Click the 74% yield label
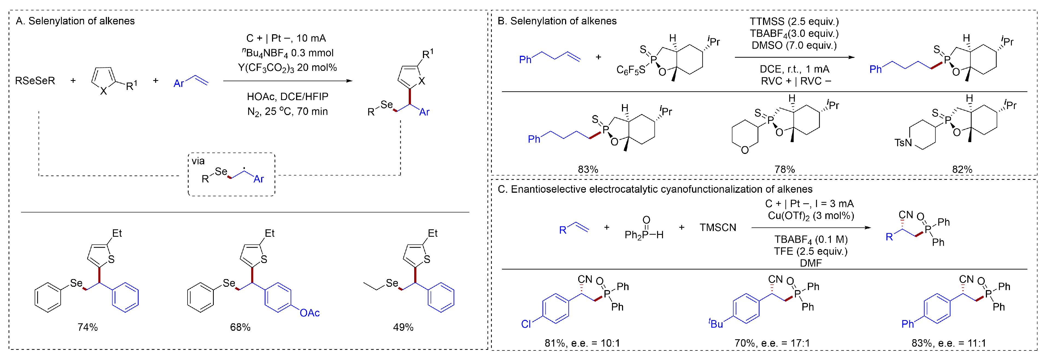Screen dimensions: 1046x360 tap(88, 327)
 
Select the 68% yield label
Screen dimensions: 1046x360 tap(240, 327)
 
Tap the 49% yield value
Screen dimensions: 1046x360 tap(403, 327)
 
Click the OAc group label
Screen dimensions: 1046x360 tap(310, 313)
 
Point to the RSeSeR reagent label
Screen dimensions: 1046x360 tap(35, 81)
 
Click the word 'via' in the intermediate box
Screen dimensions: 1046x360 tap(198, 161)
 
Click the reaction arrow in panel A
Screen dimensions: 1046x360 tap(288, 81)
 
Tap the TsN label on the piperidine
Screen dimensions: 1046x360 tap(903, 142)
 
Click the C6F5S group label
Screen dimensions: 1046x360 tap(631, 70)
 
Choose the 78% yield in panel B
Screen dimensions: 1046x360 tap(785, 169)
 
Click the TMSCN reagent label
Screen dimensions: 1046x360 tap(717, 227)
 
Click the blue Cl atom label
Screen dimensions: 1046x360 tap(526, 324)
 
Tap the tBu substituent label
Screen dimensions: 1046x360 tap(716, 323)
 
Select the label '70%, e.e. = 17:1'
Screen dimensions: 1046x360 tap(772, 343)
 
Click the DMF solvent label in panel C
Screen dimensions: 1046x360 tap(811, 263)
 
